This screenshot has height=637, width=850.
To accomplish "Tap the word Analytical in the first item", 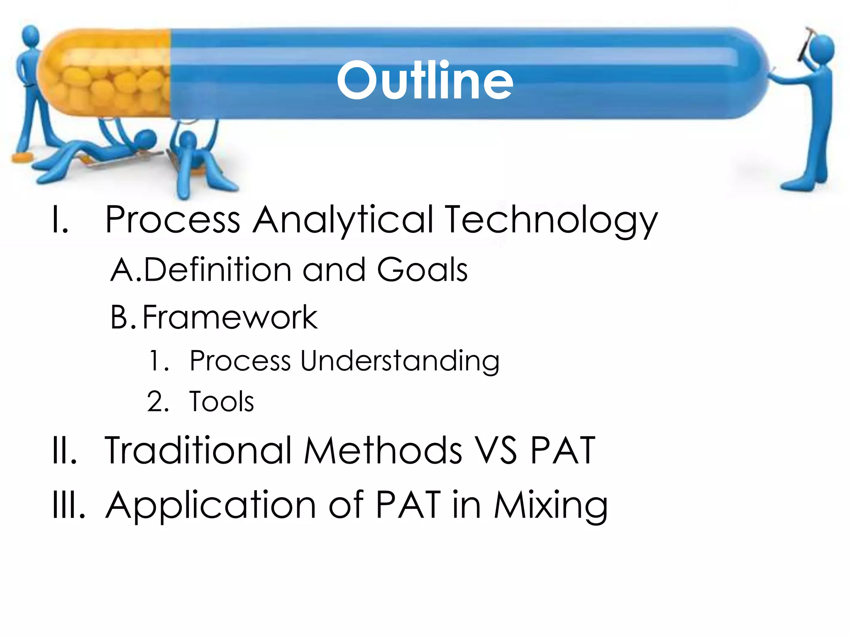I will (x=343, y=220).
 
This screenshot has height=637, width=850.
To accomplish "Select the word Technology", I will (x=552, y=220).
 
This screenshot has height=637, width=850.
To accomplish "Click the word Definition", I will (x=217, y=270).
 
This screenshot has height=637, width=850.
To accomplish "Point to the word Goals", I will (x=422, y=270).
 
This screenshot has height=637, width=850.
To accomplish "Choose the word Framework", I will (x=230, y=317).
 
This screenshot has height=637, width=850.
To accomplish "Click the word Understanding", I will (x=400, y=361).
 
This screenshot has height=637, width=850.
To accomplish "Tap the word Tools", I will (x=221, y=401).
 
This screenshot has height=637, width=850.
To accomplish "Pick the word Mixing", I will (x=551, y=506).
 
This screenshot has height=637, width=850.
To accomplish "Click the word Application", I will (x=211, y=506).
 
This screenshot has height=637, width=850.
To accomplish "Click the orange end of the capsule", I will (x=104, y=73).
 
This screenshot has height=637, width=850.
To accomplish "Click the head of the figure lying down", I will (x=145, y=138).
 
